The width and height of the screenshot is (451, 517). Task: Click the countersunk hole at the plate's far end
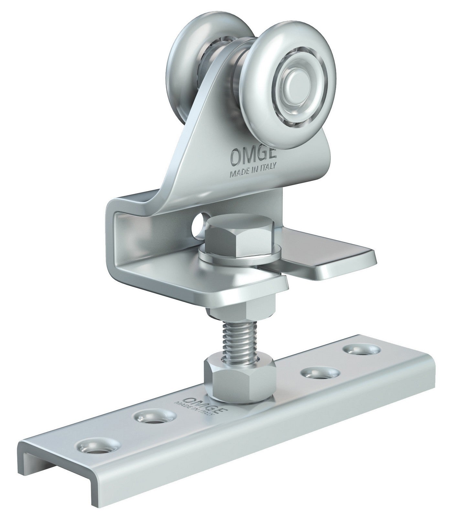point(361,350)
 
